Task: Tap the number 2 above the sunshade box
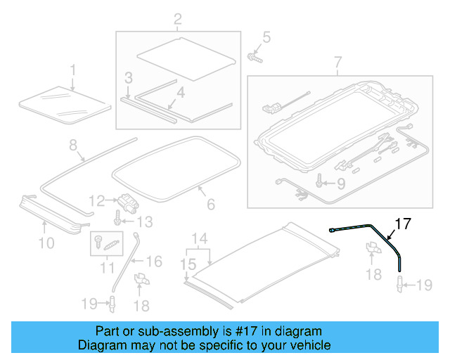[177, 19]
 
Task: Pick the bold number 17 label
[401, 225]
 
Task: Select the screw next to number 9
[321, 183]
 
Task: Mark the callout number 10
[46, 243]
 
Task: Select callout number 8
[72, 146]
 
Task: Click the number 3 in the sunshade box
[129, 77]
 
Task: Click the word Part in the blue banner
[108, 331]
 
